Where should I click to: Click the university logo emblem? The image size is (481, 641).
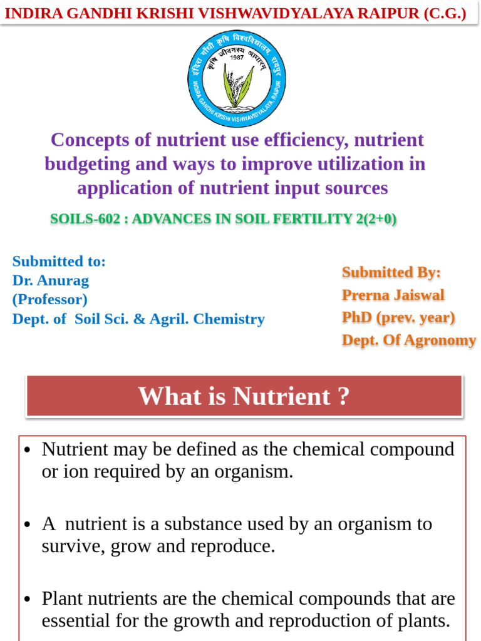(x=237, y=78)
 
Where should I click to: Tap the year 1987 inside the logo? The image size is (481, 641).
(x=237, y=57)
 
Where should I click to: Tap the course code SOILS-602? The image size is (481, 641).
(x=85, y=219)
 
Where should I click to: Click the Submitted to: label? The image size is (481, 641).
(x=59, y=261)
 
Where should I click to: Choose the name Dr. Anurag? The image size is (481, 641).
(x=51, y=280)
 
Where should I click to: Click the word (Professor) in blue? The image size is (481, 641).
(x=50, y=299)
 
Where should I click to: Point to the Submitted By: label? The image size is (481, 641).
(x=391, y=272)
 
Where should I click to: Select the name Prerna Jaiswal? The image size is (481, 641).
(x=393, y=295)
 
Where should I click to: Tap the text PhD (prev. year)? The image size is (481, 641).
(x=398, y=317)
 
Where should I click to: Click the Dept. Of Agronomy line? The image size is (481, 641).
(x=409, y=340)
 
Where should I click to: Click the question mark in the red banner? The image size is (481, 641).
(x=343, y=396)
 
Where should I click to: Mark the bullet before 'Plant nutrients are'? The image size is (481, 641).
(x=27, y=600)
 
